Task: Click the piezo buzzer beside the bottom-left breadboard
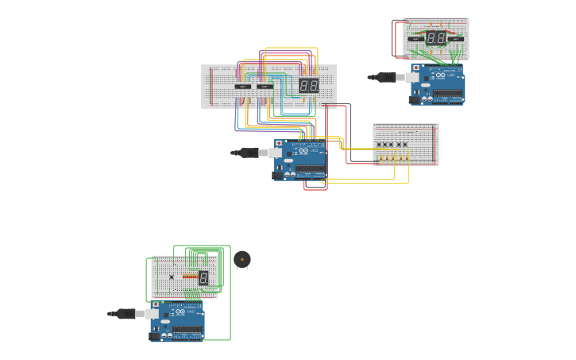click(x=242, y=260)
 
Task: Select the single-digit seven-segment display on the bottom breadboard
click(x=203, y=277)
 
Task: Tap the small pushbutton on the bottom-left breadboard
click(x=171, y=277)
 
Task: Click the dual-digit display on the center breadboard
click(x=308, y=85)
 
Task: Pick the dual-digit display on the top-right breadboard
click(x=435, y=37)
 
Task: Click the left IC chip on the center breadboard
click(x=243, y=86)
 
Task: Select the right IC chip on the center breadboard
click(x=265, y=86)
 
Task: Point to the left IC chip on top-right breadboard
click(x=416, y=38)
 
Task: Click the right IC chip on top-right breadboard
click(x=456, y=38)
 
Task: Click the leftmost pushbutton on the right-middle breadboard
click(x=379, y=145)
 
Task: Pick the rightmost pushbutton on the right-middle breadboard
click(x=404, y=145)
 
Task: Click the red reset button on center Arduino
click(x=278, y=144)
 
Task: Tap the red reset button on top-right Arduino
click(x=416, y=68)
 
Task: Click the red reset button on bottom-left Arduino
click(x=155, y=304)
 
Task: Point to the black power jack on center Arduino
click(x=278, y=175)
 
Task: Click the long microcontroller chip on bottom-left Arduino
click(x=188, y=329)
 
